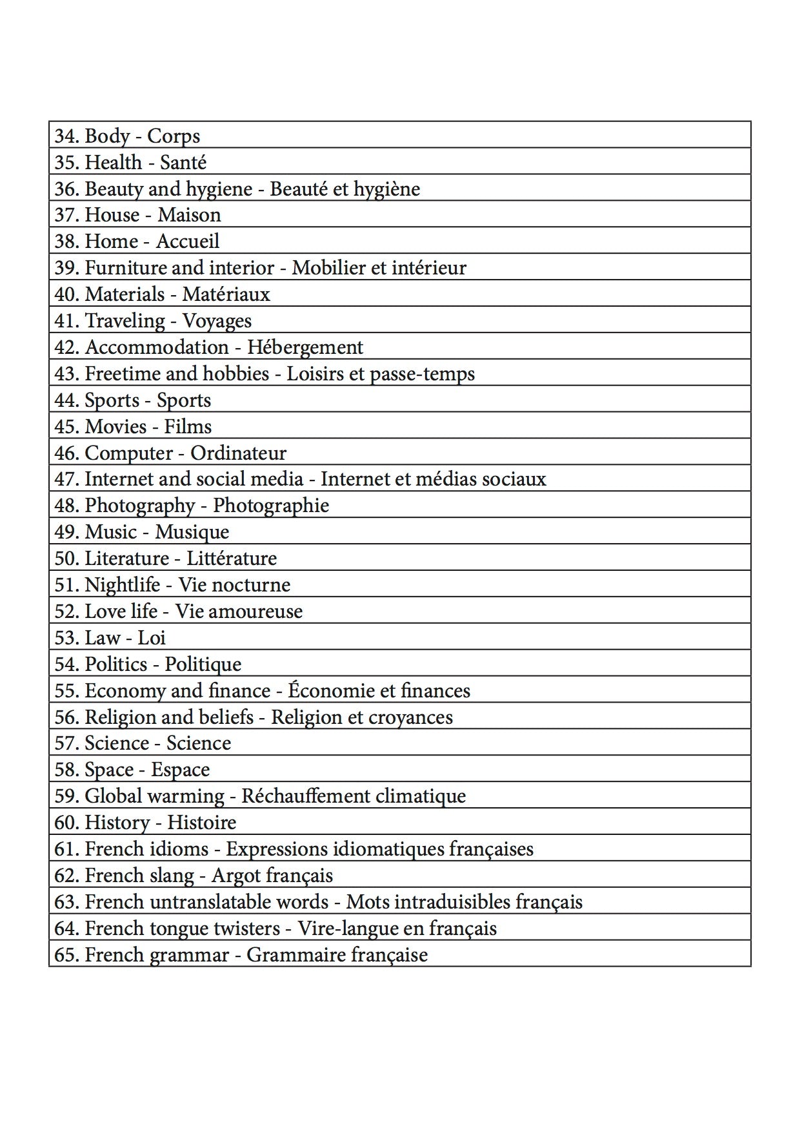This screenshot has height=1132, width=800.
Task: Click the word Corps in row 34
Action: pyautogui.click(x=174, y=136)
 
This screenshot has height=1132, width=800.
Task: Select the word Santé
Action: pyautogui.click(x=183, y=163)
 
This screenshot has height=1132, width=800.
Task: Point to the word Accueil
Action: pyautogui.click(x=188, y=242)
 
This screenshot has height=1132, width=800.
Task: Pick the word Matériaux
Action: pyautogui.click(x=226, y=294)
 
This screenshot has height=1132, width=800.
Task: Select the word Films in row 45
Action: pyautogui.click(x=188, y=427)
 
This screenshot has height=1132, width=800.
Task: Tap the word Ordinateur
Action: pyautogui.click(x=238, y=453)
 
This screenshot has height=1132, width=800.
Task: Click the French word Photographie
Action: pyautogui.click(x=271, y=506)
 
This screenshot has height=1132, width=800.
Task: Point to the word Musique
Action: pyautogui.click(x=192, y=532)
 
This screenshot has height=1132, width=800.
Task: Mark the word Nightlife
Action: pyautogui.click(x=123, y=585)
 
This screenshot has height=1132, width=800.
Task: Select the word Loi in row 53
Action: pyautogui.click(x=152, y=638)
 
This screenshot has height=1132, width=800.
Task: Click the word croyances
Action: pyautogui.click(x=410, y=717)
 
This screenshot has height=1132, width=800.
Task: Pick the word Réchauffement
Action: pyautogui.click(x=306, y=796)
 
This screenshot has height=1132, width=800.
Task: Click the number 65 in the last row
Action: pyautogui.click(x=65, y=955)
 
